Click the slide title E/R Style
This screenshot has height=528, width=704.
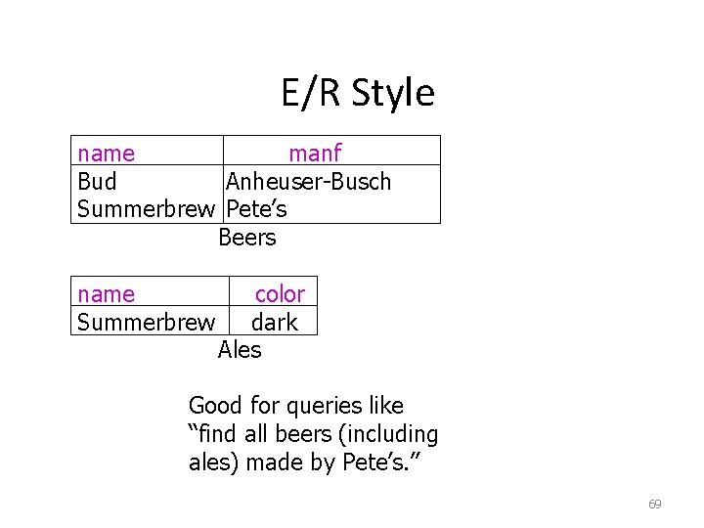(357, 93)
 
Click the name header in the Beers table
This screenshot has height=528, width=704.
(107, 154)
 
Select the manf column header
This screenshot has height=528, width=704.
(314, 154)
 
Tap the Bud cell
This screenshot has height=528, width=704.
(97, 182)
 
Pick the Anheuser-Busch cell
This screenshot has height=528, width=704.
(308, 182)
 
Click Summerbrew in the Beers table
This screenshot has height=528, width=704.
(146, 209)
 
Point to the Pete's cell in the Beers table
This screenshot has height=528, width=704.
(256, 209)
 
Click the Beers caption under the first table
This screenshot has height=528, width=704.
(247, 238)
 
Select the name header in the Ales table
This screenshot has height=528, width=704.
(107, 294)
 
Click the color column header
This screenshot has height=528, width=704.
(280, 294)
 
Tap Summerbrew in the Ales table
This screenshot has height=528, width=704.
(146, 322)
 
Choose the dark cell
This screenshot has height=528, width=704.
(274, 322)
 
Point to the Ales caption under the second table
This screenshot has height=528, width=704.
(240, 349)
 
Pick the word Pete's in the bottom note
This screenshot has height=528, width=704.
(373, 462)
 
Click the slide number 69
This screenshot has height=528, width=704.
(654, 505)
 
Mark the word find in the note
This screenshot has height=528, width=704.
(213, 434)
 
